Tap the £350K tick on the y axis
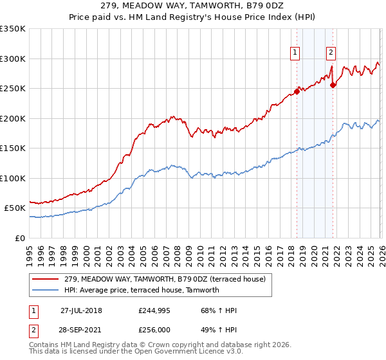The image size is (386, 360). (13, 29)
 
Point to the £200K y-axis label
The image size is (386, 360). (13, 118)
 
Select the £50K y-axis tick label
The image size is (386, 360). (15, 208)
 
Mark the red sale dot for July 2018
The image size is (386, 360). (297, 91)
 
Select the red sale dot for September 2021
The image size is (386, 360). (333, 85)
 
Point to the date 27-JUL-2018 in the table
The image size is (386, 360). (81, 310)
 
